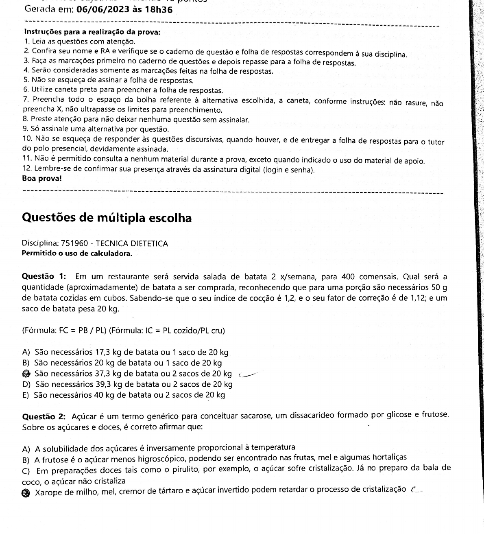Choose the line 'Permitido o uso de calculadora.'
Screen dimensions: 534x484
click(77, 254)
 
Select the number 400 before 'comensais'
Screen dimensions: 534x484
click(348, 277)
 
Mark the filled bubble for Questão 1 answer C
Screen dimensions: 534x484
click(26, 373)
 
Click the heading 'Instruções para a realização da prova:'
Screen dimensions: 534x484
click(92, 32)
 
